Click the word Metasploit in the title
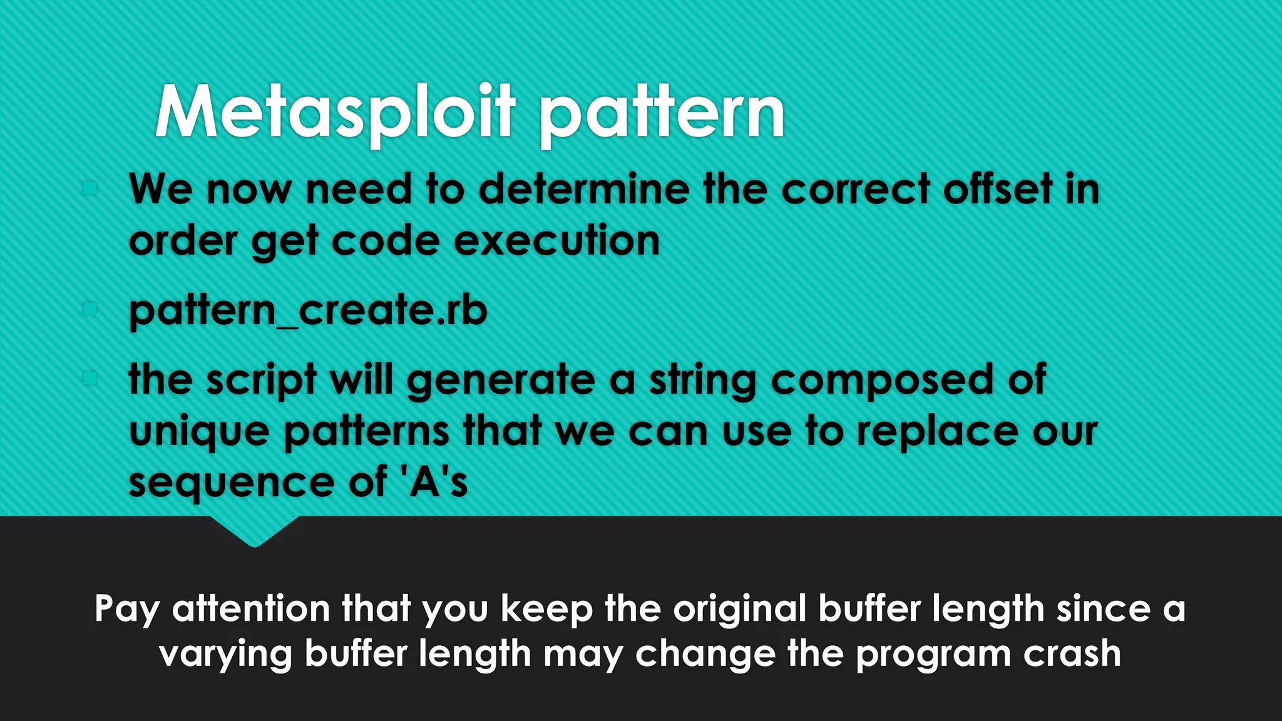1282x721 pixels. [335, 113]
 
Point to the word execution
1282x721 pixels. [556, 241]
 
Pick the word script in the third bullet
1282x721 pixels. [261, 381]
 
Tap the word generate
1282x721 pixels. [501, 381]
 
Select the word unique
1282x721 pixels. [199, 432]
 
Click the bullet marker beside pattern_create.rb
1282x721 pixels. [90, 309]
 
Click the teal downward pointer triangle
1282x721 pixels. [254, 531]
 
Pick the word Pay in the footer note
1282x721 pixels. [127, 609]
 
